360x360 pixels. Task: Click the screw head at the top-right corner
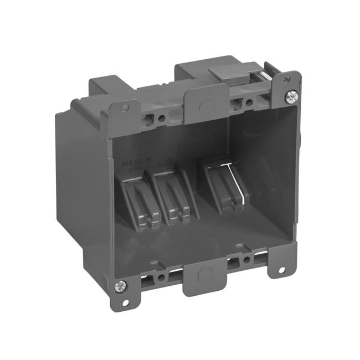point(291,97)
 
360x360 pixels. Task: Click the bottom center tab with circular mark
point(205,275)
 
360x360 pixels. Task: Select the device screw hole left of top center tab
point(161,118)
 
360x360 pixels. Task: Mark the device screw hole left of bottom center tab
point(161,277)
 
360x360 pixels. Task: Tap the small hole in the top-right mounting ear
point(289,83)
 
